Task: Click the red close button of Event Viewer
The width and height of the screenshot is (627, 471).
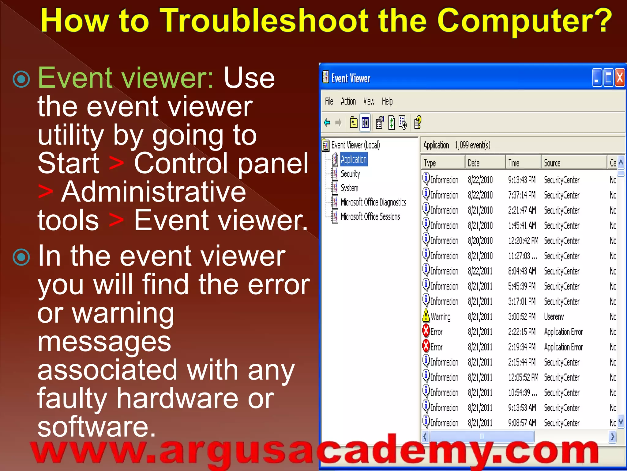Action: [620, 78]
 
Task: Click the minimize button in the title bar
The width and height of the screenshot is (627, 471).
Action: [597, 78]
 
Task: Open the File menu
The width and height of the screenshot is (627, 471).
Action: [329, 101]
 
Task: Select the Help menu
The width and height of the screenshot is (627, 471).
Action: [387, 101]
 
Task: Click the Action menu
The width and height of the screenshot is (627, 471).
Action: [348, 101]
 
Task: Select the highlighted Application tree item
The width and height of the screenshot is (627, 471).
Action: [354, 159]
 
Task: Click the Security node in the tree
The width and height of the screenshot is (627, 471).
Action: [350, 174]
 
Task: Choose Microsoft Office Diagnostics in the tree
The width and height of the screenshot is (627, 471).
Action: [373, 202]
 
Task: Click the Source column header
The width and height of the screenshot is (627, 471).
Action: [552, 163]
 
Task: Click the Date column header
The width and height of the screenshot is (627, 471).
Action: [474, 163]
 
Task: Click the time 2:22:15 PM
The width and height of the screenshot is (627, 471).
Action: [522, 332]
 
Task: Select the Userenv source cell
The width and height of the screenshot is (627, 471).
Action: [554, 317]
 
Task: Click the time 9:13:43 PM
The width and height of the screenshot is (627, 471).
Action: [522, 180]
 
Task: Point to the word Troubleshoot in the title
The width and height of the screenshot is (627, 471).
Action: [265, 21]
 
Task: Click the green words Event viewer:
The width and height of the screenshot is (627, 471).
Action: [126, 78]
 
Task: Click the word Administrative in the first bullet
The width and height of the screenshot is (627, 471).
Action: [153, 192]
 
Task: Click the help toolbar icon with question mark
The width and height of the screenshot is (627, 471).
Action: [418, 123]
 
